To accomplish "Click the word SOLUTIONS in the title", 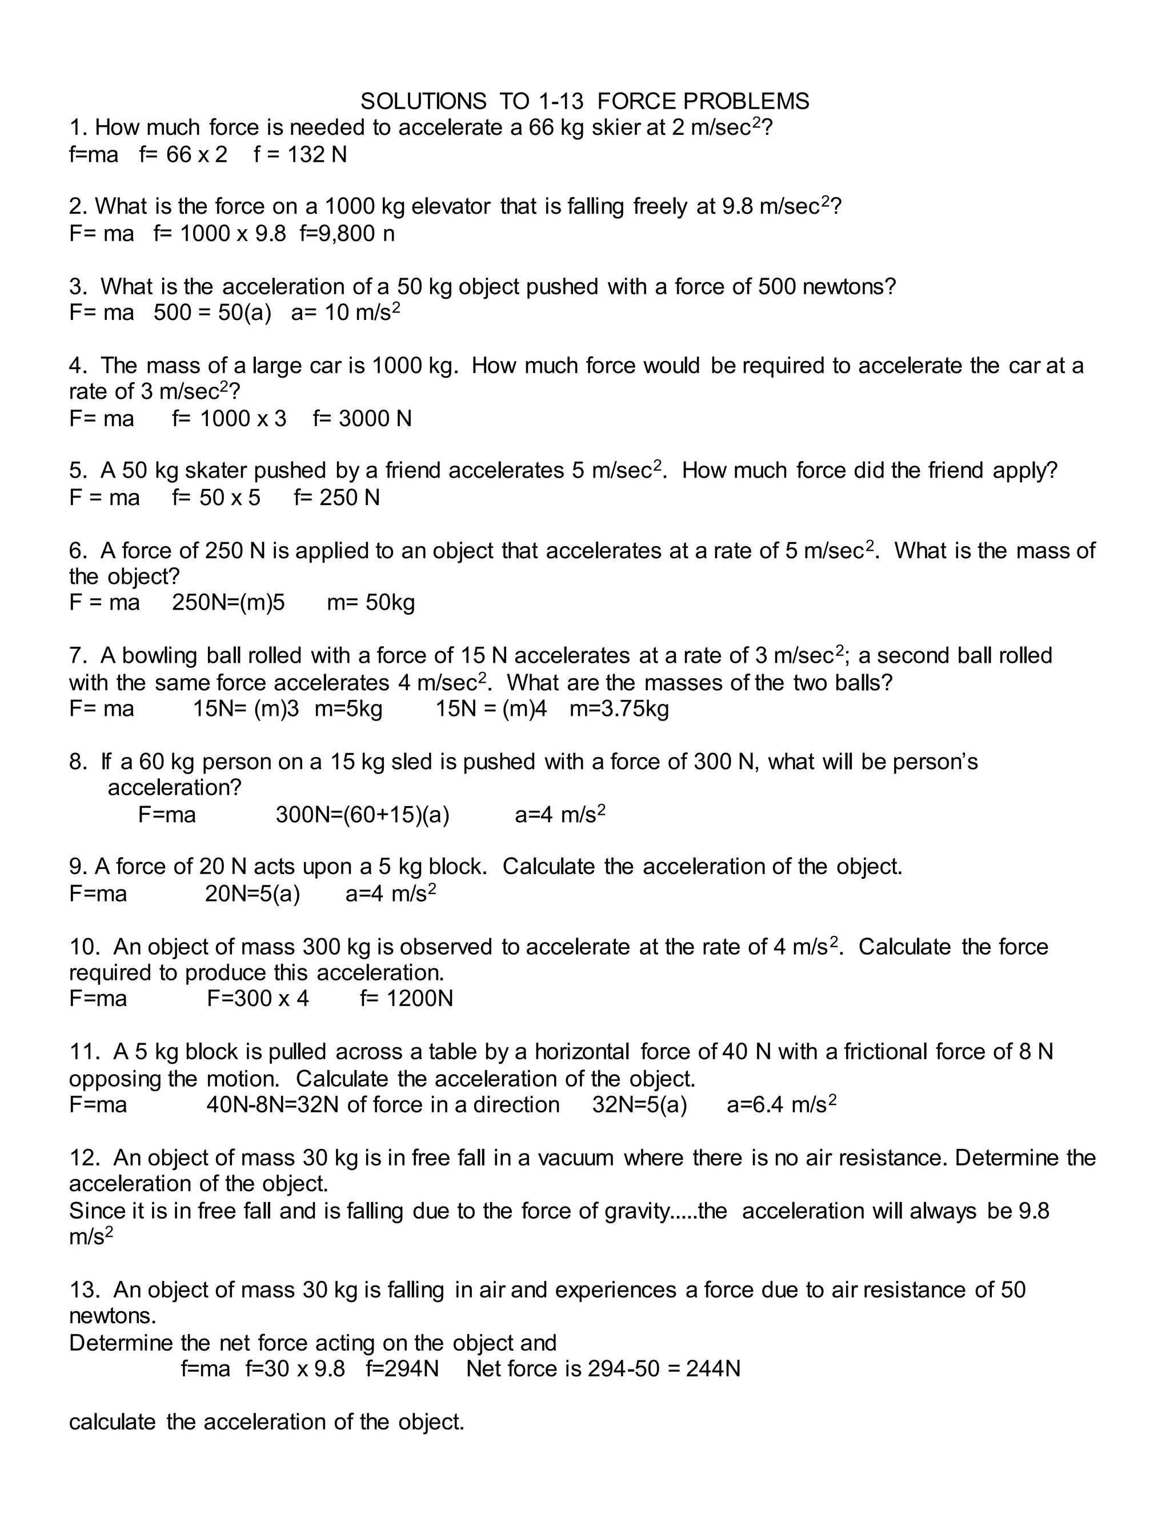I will (x=423, y=102).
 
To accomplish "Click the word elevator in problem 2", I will (x=451, y=207).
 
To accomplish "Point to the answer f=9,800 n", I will (x=347, y=234).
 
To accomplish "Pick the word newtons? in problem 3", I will (x=849, y=286).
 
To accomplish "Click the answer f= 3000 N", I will (x=362, y=419).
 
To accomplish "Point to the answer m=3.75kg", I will (x=619, y=709).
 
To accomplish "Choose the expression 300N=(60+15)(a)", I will (x=363, y=815).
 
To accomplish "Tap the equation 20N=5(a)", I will (x=253, y=894).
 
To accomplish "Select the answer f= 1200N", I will (x=406, y=999).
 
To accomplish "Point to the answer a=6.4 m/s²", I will (x=781, y=1105).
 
